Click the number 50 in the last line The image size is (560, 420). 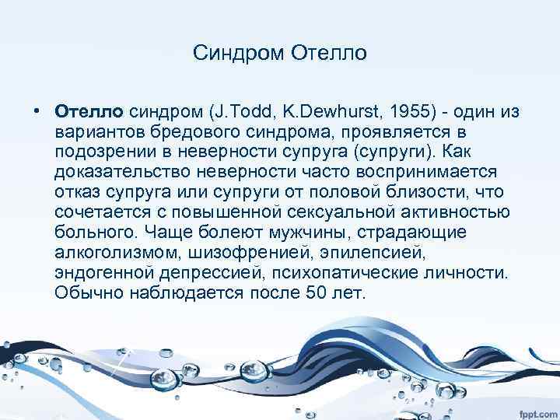tap(302, 293)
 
